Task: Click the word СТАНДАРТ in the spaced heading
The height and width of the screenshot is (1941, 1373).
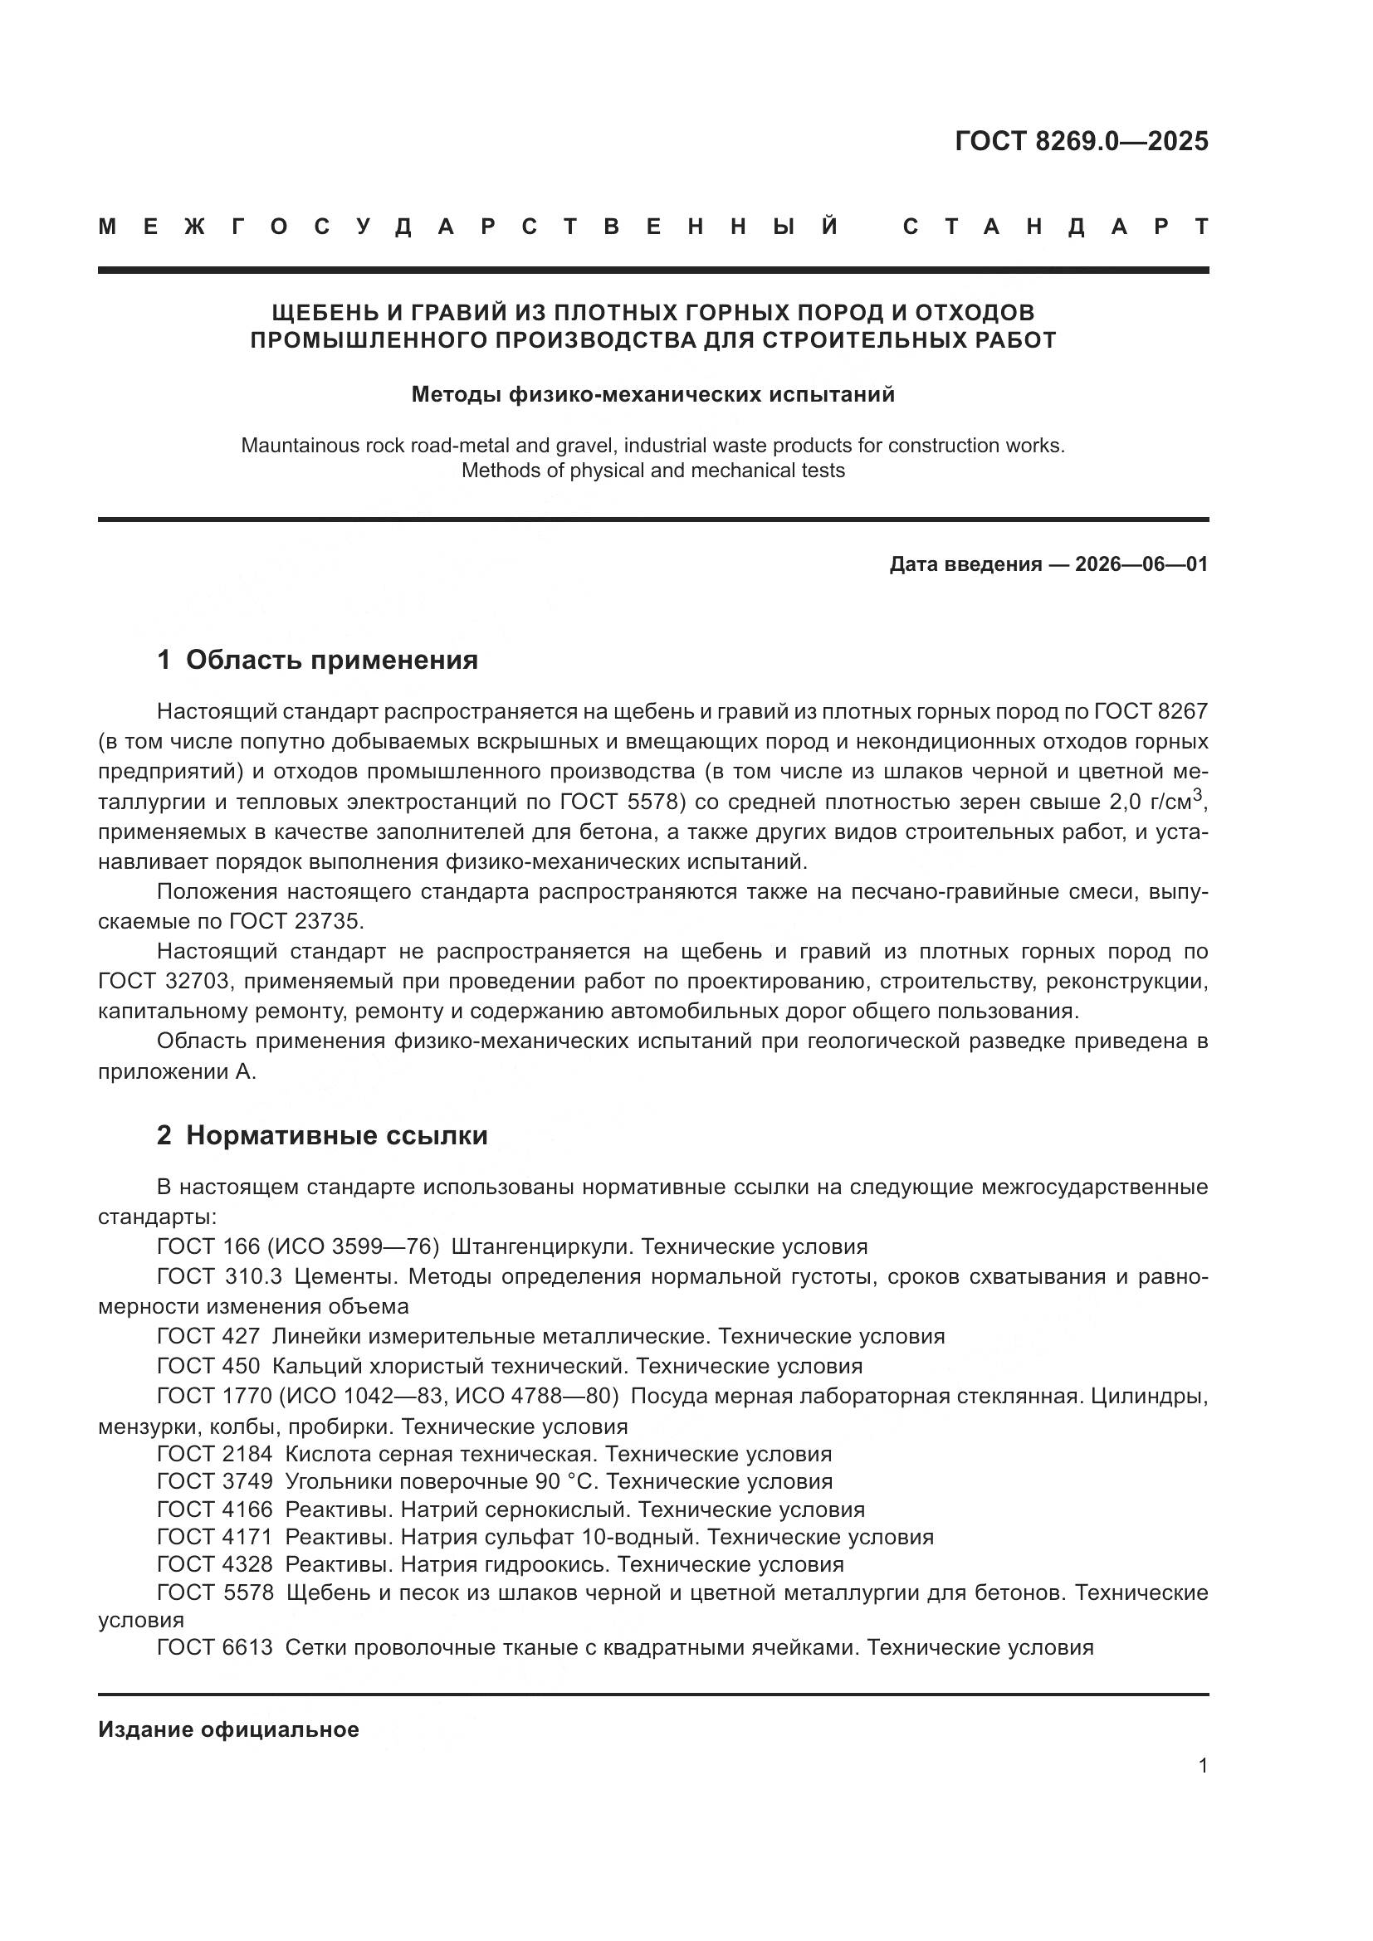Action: pos(1055,227)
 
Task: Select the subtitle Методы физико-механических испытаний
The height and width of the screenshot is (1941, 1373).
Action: pos(652,395)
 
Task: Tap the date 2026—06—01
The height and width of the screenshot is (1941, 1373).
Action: pos(1141,563)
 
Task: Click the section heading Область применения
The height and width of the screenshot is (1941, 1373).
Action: pos(331,660)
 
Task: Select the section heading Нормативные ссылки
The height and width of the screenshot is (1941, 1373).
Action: pos(336,1135)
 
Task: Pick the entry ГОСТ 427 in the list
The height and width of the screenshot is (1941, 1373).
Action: pos(208,1337)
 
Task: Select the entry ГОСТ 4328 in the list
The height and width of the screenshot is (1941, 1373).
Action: pos(215,1564)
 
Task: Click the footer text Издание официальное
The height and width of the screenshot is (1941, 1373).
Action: pos(228,1729)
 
